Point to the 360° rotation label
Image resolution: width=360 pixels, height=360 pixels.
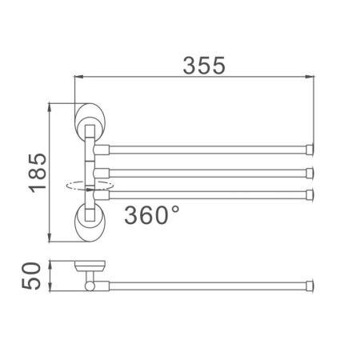(x=152, y=214)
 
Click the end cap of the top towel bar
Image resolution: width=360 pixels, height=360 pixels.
(x=309, y=148)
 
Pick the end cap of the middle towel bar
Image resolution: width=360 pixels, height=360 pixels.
(x=309, y=170)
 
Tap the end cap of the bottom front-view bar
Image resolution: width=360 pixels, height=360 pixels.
(x=309, y=192)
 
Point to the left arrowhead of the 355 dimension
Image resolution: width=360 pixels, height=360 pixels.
(x=78, y=77)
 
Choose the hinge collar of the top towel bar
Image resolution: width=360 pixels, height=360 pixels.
(x=102, y=148)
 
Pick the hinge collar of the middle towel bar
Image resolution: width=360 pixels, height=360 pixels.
(x=102, y=170)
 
